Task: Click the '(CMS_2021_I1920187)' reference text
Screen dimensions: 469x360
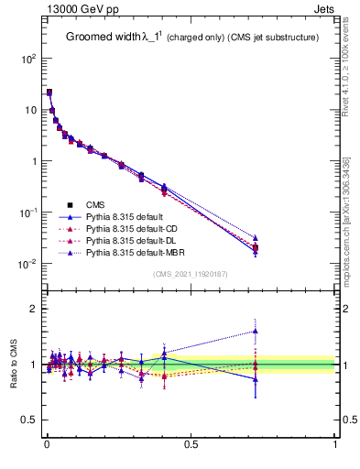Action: [x=190, y=274]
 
